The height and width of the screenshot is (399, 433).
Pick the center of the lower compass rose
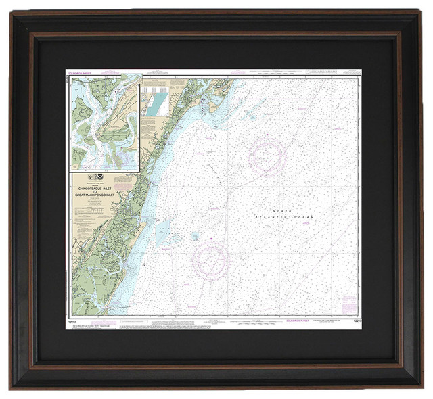click(x=210, y=258)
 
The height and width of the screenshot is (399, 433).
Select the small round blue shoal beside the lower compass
click(x=194, y=237)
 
